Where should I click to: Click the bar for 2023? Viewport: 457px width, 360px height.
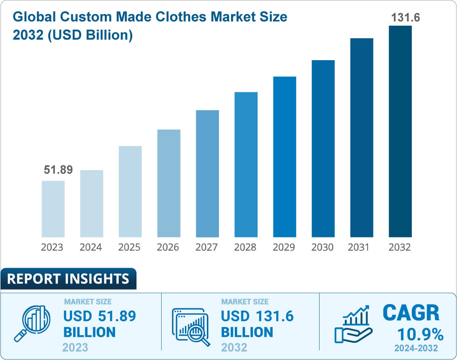pos(53,208)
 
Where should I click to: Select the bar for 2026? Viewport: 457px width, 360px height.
pos(169,183)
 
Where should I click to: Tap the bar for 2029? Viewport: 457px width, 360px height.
pos(284,157)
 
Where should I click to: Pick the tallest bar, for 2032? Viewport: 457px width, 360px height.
pos(400,131)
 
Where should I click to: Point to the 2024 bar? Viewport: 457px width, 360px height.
pos(91,203)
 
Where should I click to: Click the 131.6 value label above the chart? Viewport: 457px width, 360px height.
pos(400,18)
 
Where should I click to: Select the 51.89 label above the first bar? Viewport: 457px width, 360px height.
pos(58,170)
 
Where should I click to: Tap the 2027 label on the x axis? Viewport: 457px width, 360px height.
pos(207,247)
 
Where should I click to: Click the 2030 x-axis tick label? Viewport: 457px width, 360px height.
pos(322,247)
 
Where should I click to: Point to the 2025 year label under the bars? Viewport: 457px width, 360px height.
pos(130,247)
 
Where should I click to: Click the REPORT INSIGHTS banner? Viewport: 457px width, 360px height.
pos(68,279)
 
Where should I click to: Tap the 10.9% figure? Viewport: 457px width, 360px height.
pos(420,334)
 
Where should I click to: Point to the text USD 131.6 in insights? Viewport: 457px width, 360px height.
pos(257,316)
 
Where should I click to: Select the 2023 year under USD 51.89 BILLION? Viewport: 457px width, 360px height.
pos(75,348)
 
